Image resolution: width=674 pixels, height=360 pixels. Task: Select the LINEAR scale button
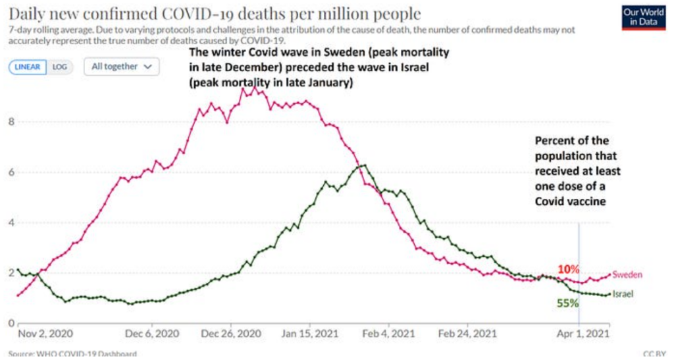28,66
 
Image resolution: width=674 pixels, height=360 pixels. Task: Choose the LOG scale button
60,66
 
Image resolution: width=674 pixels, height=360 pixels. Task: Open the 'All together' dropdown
122,66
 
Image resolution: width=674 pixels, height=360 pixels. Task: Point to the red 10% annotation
567,269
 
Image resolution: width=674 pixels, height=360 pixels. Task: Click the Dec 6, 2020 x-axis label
153,335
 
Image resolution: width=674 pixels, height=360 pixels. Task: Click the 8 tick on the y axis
10,121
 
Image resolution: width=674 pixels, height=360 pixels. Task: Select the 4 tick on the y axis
10,222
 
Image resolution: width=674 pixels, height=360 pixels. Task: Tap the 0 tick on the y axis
10,323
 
